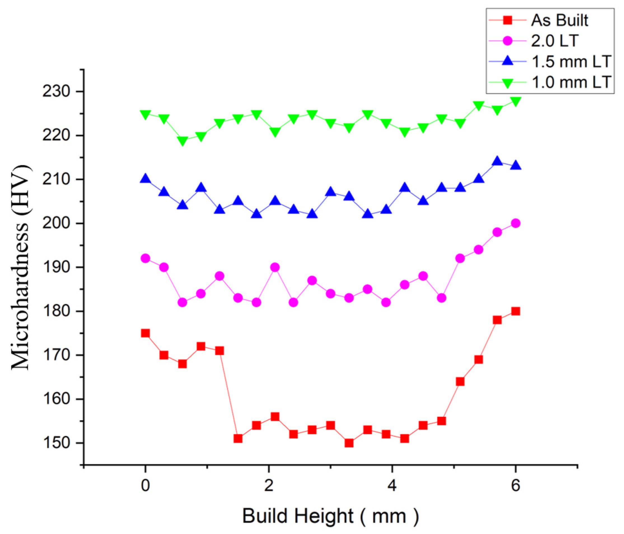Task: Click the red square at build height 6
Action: point(516,311)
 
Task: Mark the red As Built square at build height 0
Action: point(146,333)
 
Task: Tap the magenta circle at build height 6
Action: point(516,223)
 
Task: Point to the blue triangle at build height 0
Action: point(146,179)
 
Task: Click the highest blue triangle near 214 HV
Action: point(497,161)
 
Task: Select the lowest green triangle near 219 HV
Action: point(183,141)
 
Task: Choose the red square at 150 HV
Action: point(349,443)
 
